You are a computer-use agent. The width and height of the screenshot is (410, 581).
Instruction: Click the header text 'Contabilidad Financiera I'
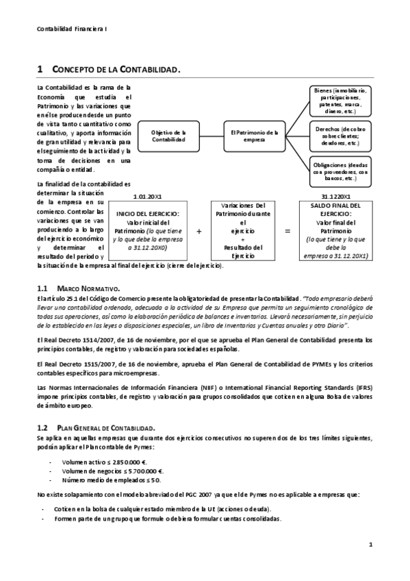pyautogui.click(x=71, y=29)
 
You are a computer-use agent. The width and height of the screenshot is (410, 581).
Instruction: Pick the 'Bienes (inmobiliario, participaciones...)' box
pyautogui.click(x=340, y=101)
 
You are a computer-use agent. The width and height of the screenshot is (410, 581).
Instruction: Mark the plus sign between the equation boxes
pyautogui.click(x=198, y=232)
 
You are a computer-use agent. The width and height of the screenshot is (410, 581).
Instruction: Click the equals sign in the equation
pyautogui.click(x=287, y=232)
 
